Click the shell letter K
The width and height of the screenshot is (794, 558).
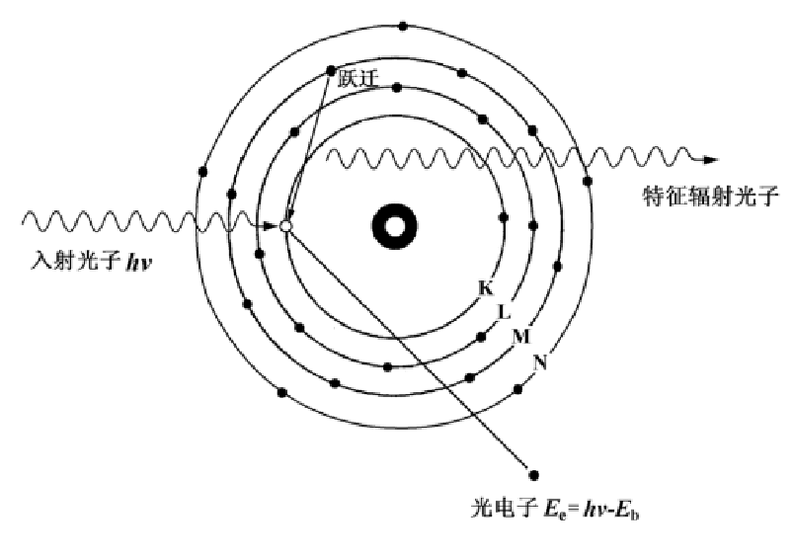point(485,288)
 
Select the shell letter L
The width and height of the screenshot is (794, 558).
point(504,312)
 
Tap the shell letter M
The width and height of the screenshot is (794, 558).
point(520,337)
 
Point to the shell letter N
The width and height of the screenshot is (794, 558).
point(539,361)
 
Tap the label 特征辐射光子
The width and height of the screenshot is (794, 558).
point(710,196)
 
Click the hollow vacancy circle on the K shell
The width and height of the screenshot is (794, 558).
point(286,226)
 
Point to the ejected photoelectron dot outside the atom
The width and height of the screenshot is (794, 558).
point(534,474)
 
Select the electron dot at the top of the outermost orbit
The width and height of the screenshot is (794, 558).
point(402,26)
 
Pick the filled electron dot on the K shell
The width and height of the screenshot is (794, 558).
point(504,218)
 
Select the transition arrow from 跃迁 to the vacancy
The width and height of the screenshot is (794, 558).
point(308,148)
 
